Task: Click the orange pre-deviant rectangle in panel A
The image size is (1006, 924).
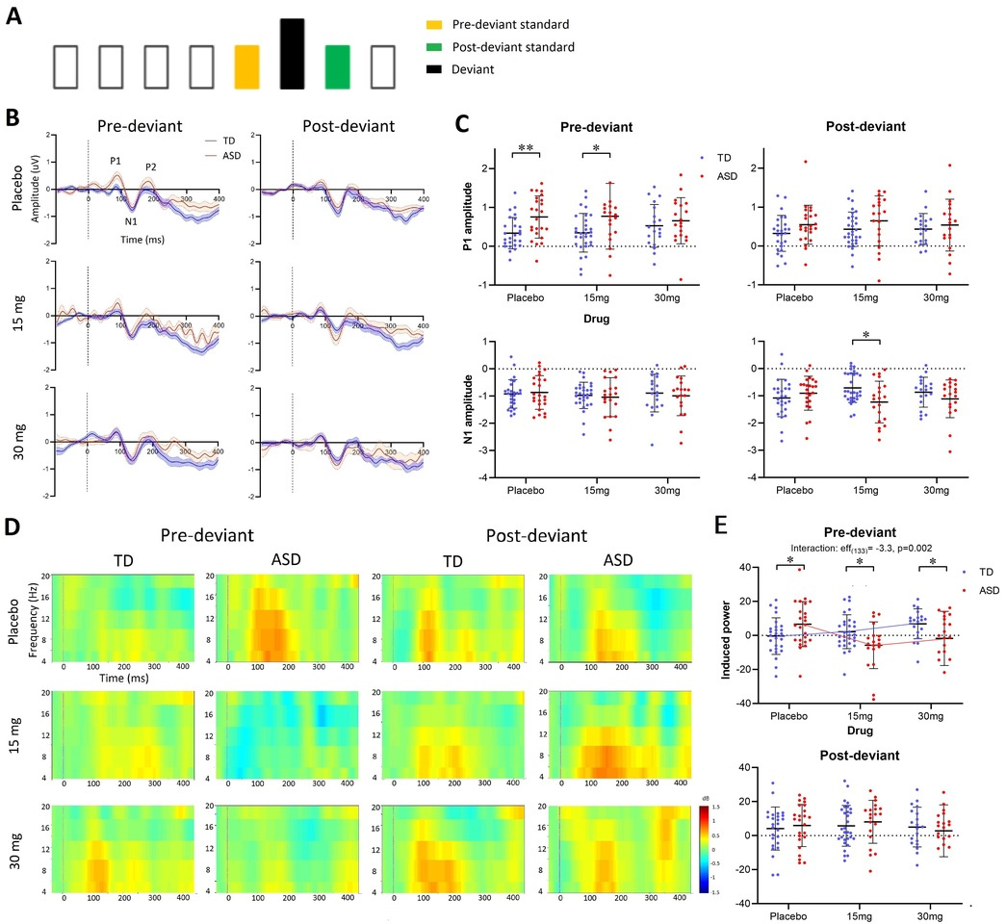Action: coord(247,68)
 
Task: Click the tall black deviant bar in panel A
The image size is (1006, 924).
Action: coord(292,56)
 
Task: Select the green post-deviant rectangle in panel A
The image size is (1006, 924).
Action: coord(338,68)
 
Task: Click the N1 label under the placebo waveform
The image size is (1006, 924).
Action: coord(131,219)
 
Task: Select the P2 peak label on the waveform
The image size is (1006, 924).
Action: coord(151,167)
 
